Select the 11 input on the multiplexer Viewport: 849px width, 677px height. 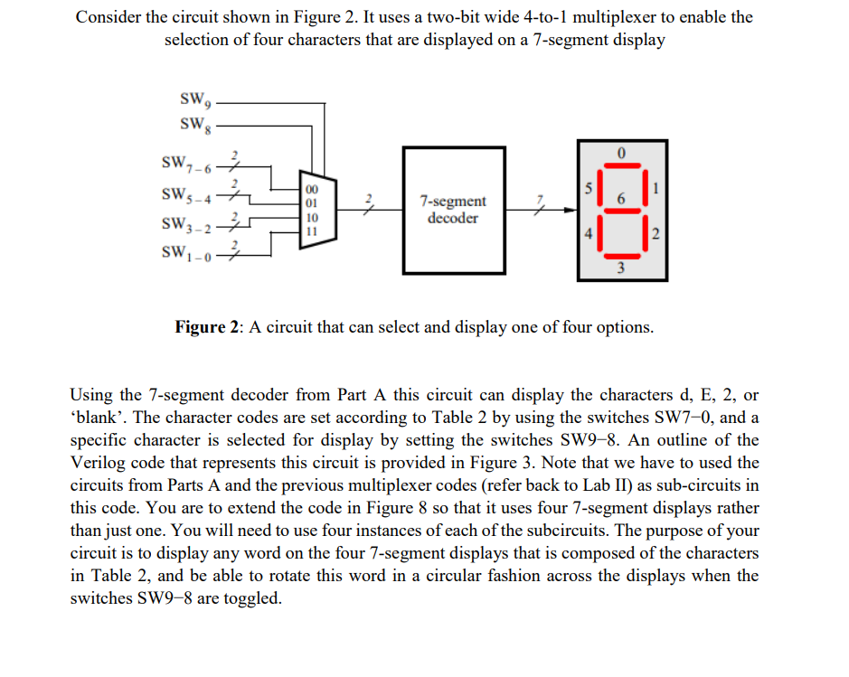point(311,230)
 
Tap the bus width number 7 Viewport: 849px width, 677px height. point(541,197)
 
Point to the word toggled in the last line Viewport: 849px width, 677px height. point(254,598)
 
